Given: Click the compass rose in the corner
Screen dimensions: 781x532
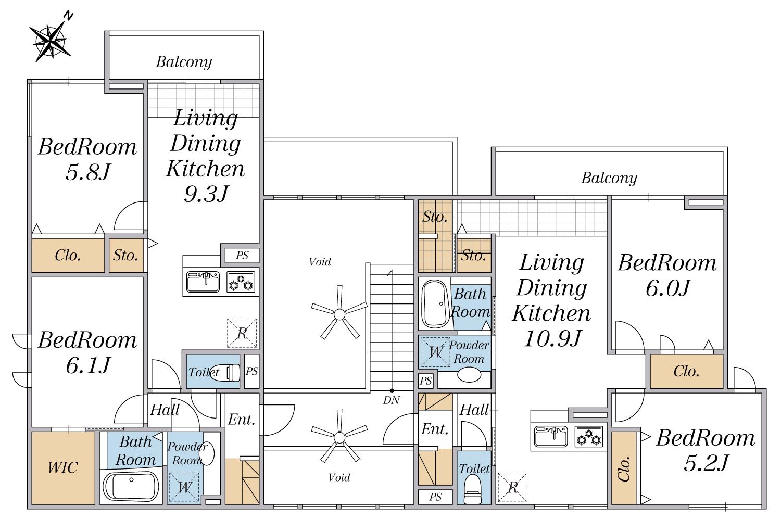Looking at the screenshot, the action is pos(51,41).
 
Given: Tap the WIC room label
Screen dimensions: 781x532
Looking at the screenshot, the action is pos(63,467).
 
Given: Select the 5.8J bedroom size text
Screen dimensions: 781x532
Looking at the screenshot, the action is pos(88,172).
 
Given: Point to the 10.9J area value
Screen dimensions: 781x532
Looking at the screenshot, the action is pos(552,338).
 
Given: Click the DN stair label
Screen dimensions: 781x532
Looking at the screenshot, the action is pos(391,400).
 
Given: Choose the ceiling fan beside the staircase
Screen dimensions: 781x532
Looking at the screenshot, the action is pos(339,313).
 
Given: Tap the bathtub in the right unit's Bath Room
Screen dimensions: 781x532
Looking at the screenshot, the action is pos(435,303).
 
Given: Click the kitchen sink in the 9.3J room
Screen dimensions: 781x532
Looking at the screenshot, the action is pos(203,282).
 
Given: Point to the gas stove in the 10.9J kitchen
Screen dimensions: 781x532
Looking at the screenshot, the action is pos(589,437).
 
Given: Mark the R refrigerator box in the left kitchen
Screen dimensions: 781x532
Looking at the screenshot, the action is pos(242,333).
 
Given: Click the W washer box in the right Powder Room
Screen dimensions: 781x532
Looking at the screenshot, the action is pos(435,352).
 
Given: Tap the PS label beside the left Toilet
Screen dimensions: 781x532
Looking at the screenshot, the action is pos(251,371).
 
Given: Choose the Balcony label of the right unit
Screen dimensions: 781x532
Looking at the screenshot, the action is pos(609,178).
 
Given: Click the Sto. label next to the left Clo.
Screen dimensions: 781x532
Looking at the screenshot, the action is pos(125,256).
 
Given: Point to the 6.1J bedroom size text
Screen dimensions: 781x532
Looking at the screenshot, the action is pos(88,365).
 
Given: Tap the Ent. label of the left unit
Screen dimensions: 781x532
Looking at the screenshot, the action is pos(242,420).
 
